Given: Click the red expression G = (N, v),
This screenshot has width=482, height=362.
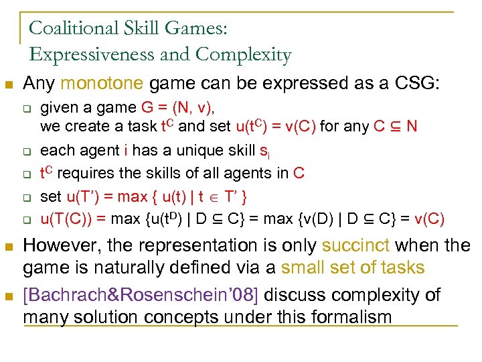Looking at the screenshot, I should tap(182, 108).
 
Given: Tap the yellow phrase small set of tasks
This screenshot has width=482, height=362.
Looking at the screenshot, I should tap(353, 268).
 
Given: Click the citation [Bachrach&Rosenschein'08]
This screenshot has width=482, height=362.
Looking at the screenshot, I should tap(141, 294).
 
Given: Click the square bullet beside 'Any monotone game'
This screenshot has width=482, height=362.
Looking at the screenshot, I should tap(9, 85).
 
